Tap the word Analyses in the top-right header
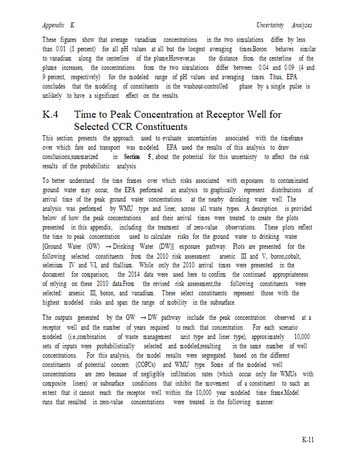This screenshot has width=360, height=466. [x=302, y=26]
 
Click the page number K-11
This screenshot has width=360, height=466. [x=308, y=439]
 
